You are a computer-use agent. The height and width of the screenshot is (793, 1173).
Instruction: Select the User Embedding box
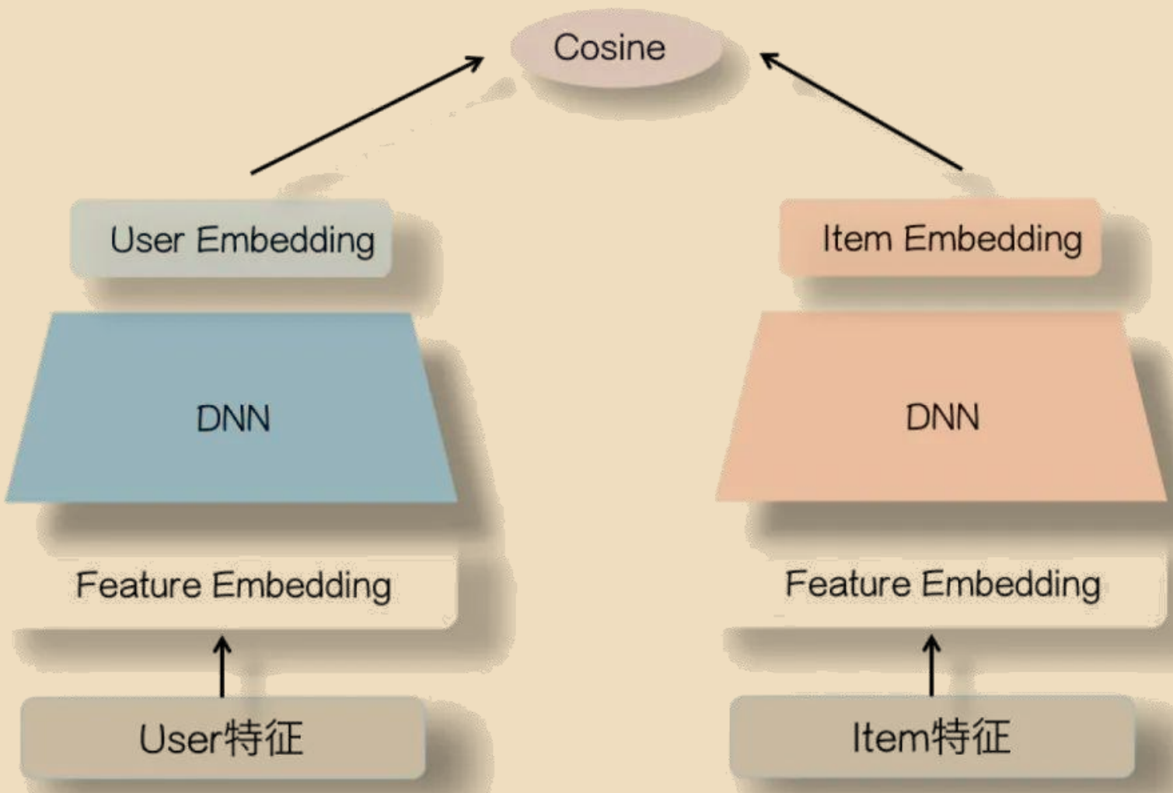[x=231, y=239]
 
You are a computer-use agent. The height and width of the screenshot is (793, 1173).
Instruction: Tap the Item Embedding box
[x=940, y=238]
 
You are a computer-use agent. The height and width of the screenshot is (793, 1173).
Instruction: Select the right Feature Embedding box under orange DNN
[x=942, y=585]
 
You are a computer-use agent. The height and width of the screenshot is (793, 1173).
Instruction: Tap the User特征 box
[x=222, y=737]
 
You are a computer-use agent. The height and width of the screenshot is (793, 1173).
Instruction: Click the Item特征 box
[x=931, y=736]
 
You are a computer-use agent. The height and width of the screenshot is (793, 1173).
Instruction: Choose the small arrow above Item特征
[x=931, y=665]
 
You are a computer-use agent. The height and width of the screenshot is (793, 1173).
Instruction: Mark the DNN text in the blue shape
[x=233, y=419]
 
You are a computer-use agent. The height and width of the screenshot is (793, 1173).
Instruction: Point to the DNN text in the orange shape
[x=942, y=417]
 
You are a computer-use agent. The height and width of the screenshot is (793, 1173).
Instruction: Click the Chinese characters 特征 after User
[x=264, y=738]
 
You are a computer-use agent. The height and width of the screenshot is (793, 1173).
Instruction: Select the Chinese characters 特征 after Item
[x=972, y=736]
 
